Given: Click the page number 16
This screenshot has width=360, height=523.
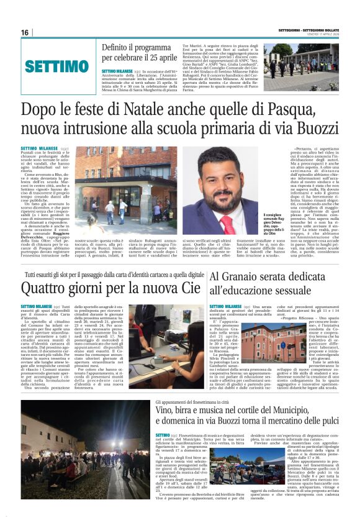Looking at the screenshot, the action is pos(25,32).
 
